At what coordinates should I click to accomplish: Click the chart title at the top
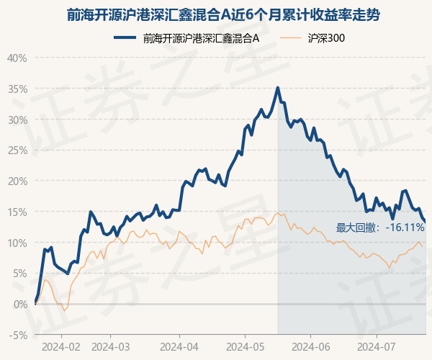[x=215, y=14]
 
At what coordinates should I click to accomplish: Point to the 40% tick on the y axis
[x=17, y=58]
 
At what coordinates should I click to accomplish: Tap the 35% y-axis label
[x=17, y=89]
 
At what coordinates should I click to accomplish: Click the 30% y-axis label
[x=17, y=120]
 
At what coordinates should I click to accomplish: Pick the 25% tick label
[x=17, y=150]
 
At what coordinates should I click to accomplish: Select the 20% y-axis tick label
[x=17, y=181]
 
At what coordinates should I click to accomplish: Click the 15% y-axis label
[x=17, y=212]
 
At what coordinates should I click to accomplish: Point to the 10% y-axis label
[x=17, y=243]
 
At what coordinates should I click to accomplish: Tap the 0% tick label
[x=20, y=304]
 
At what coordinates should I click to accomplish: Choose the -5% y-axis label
[x=19, y=335]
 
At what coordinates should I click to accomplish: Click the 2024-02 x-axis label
[x=60, y=346]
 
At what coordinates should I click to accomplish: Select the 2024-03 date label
[x=110, y=346]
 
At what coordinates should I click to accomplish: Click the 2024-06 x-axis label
[x=310, y=346]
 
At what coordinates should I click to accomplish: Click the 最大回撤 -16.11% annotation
[x=380, y=228]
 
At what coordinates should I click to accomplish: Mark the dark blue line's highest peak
[x=278, y=88]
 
